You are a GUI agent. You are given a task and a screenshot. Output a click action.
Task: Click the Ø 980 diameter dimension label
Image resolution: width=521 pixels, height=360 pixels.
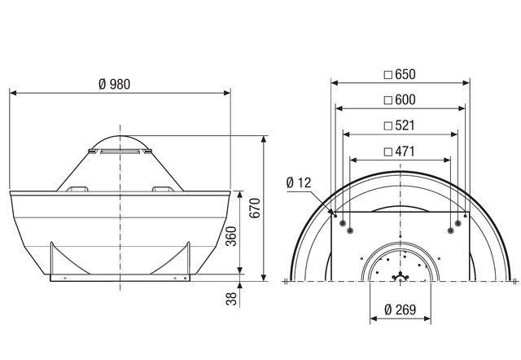click(115, 85)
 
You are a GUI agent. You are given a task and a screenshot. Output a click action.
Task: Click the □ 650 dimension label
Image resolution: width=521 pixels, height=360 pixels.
click(399, 74)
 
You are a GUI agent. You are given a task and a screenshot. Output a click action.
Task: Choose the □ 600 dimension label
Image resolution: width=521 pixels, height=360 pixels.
click(399, 99)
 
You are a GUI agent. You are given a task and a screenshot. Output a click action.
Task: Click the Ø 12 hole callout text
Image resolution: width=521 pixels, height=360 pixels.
click(300, 183)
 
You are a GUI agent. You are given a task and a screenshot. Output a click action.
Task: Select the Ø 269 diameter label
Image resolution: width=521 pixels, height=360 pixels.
click(399, 311)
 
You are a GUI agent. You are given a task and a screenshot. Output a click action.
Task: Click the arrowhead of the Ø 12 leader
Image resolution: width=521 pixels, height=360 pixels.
click(334, 213)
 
